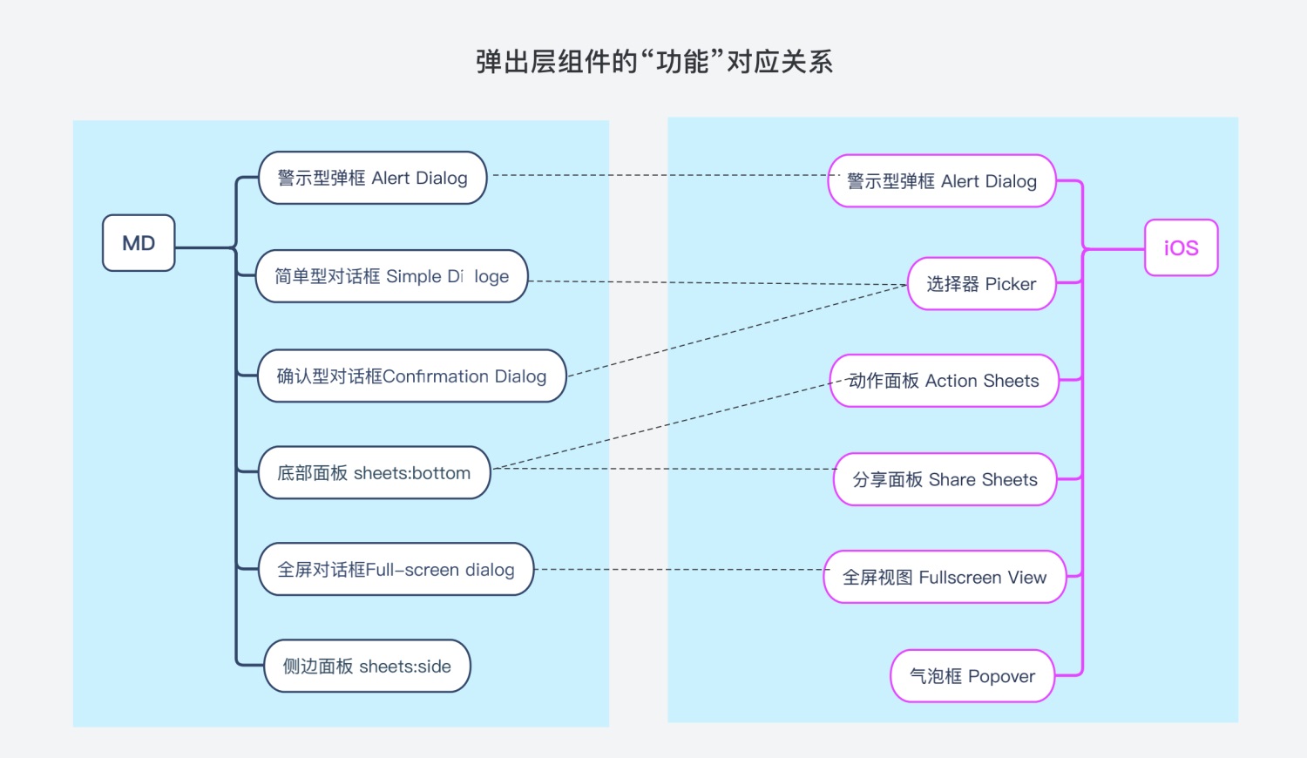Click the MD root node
tap(139, 243)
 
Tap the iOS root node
tap(1181, 247)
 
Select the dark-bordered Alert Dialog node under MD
tap(372, 178)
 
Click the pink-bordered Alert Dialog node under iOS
tap(942, 181)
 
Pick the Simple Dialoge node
tap(391, 276)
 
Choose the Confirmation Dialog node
tap(412, 376)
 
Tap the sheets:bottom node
tap(374, 472)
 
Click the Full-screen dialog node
tap(396, 569)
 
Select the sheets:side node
tap(367, 666)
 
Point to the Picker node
tap(982, 283)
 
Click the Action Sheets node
tap(944, 381)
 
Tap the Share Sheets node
tap(945, 479)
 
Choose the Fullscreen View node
tap(945, 577)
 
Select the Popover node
tap(972, 676)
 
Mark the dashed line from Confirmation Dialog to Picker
tap(737, 330)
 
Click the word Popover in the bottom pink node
tap(1001, 676)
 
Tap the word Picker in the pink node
tap(1011, 284)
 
